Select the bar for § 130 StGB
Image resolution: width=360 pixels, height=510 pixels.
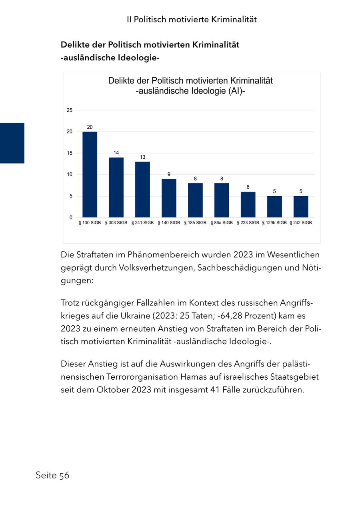(x=90, y=174)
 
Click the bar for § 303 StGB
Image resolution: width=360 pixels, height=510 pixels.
(x=116, y=187)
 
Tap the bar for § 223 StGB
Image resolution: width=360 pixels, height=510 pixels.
(x=248, y=205)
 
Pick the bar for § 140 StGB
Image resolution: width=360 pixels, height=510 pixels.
(x=169, y=198)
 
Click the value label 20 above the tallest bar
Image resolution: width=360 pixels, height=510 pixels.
(x=90, y=127)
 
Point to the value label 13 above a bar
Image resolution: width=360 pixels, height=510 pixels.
(x=142, y=157)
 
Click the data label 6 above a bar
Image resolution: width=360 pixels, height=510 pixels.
(x=248, y=187)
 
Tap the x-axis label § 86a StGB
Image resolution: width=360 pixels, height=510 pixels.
(x=222, y=223)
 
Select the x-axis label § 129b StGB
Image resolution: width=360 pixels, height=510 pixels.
(x=274, y=223)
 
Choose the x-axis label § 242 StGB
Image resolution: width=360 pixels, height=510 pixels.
(x=301, y=223)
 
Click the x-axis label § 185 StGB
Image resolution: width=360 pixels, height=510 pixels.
(x=195, y=223)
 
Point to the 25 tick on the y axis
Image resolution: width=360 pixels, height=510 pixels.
(x=70, y=110)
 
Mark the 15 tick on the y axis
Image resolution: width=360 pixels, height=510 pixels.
(x=70, y=153)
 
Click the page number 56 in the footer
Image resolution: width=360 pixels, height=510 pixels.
(x=64, y=475)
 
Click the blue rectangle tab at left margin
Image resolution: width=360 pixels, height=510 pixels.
(x=12, y=143)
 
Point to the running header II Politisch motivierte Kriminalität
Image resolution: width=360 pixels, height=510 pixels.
(x=192, y=19)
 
